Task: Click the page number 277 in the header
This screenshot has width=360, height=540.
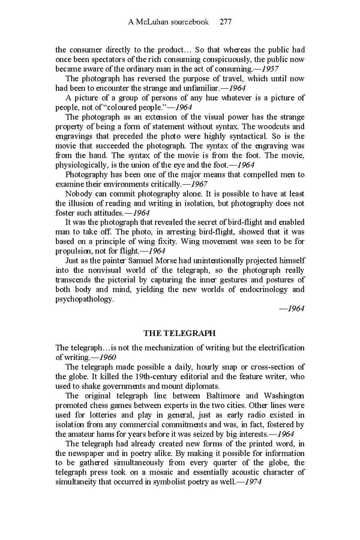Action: coord(226,22)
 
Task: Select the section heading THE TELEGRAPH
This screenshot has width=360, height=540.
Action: coord(180,332)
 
